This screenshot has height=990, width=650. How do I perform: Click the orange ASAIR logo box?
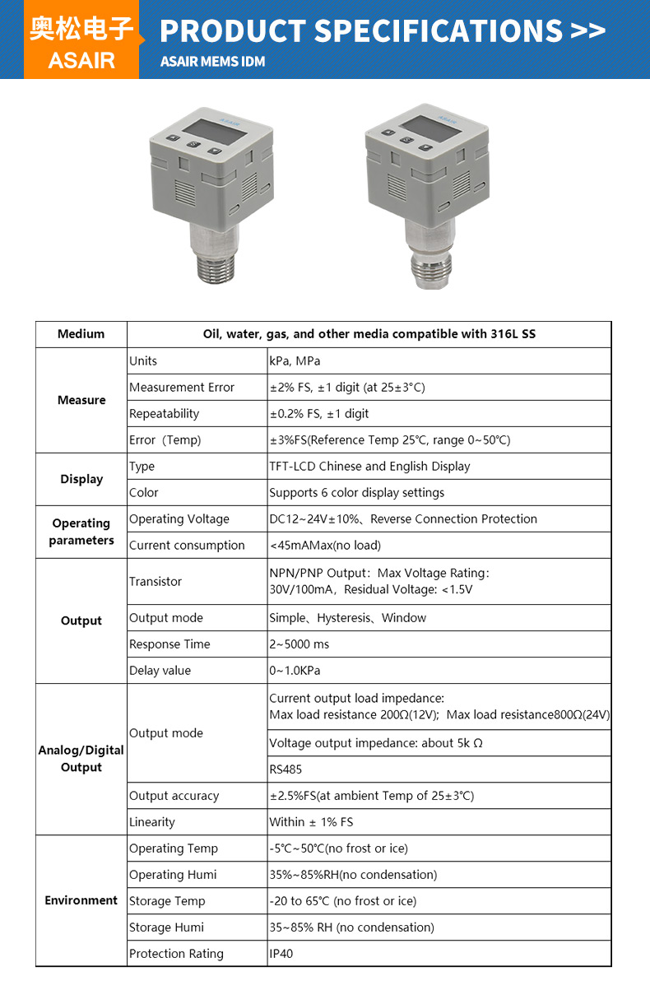pos(81,41)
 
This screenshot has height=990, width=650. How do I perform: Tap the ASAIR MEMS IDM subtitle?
pos(212,62)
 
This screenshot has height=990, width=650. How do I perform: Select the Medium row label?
pos(81,334)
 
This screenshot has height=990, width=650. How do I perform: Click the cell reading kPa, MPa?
pos(295,361)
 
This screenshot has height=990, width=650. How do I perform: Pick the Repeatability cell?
pos(165,414)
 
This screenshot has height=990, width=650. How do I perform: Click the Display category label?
pos(81,479)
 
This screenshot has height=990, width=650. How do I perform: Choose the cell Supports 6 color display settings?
pos(356,493)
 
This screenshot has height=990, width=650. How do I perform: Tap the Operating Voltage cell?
pos(179,519)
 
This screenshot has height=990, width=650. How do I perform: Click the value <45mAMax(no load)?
pos(325,546)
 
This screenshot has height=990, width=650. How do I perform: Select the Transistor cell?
pos(156,582)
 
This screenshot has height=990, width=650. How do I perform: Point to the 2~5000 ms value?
pos(299,644)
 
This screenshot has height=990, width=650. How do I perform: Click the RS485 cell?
pos(286,769)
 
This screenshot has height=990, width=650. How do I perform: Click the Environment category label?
pos(81,900)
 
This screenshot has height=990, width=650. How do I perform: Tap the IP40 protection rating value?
pos(281,954)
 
